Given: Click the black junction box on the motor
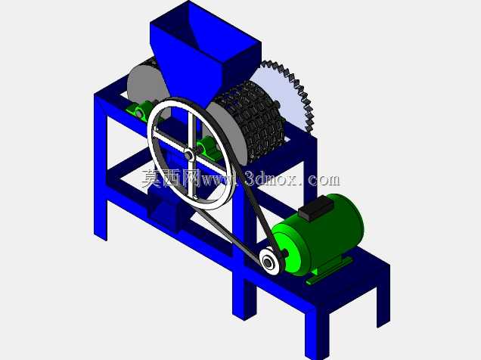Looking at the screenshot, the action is pos(315,207).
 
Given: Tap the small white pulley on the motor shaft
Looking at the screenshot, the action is pos(270,261).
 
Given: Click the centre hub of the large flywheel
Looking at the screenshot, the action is pos(188,154).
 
